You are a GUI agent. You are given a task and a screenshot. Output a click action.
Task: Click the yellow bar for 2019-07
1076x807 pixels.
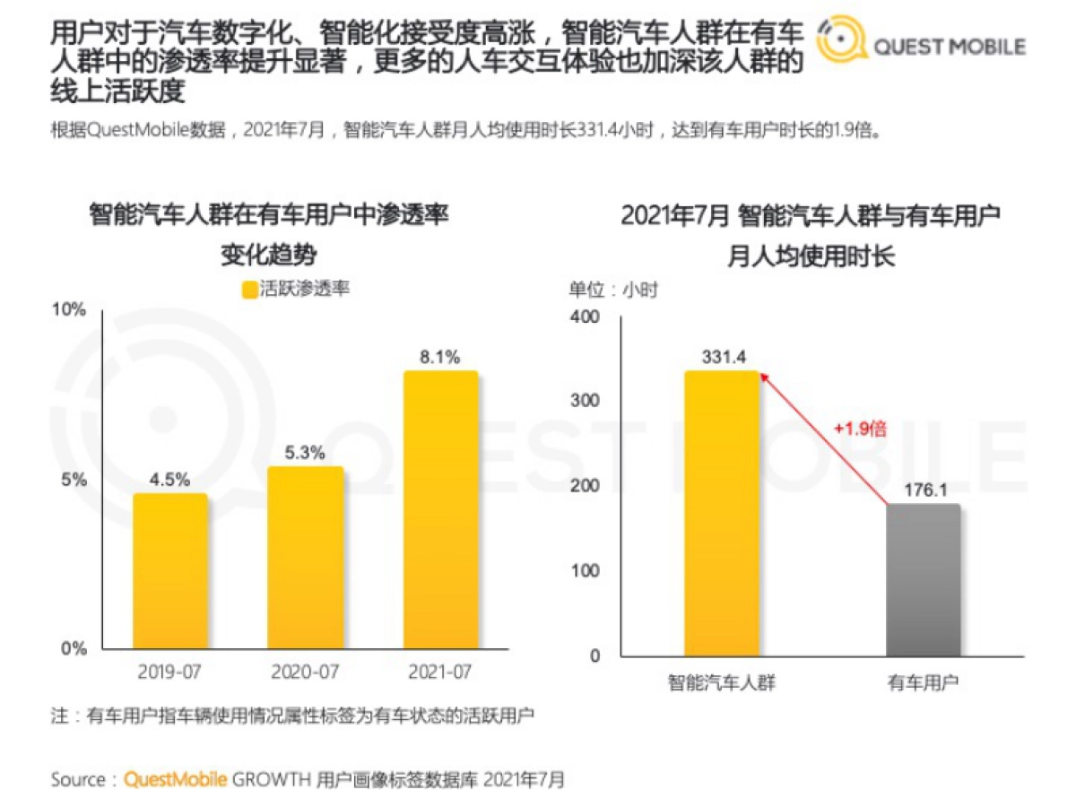[x=170, y=570]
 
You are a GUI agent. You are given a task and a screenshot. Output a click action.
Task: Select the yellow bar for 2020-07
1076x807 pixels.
[x=306, y=557]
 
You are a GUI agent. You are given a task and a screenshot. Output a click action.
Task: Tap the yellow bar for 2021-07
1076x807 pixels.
[x=440, y=509]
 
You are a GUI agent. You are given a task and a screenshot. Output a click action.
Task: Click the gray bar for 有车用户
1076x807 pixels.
[x=923, y=579]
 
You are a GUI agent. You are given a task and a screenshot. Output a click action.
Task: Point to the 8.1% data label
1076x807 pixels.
[x=439, y=357]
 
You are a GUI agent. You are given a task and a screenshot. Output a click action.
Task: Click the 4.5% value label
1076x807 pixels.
[x=169, y=479]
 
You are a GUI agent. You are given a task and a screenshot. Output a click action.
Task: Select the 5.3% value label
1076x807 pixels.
[x=305, y=453]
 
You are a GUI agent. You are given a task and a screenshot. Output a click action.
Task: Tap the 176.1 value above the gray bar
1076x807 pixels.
[x=923, y=490]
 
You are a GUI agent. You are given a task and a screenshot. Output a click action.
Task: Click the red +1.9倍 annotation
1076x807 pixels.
[x=860, y=429]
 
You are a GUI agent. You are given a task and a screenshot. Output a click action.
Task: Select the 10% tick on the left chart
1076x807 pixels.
[x=70, y=310]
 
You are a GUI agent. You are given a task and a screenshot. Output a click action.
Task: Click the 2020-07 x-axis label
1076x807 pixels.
[x=306, y=672]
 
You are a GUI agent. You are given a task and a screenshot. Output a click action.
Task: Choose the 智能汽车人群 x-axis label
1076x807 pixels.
[x=722, y=683]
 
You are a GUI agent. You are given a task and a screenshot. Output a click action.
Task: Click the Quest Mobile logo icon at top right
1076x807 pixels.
[x=841, y=42]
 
